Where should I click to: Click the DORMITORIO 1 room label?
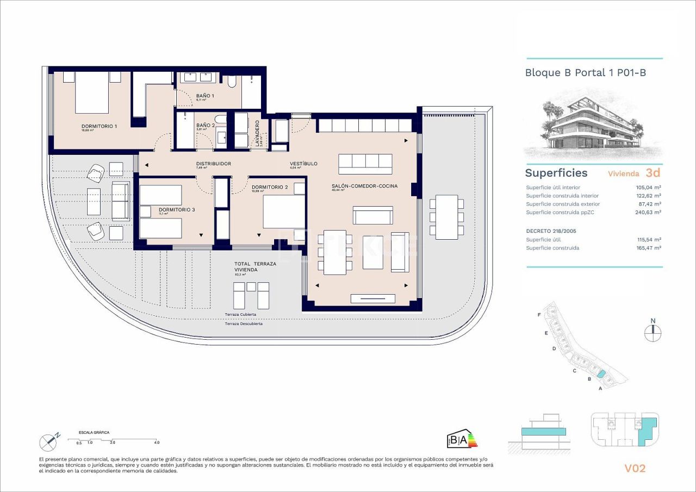(x=99, y=126)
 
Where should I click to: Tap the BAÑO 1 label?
(x=205, y=96)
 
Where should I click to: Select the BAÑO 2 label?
(x=205, y=125)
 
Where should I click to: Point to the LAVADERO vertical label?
(x=258, y=134)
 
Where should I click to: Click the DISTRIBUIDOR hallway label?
(x=214, y=164)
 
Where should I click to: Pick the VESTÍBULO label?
(x=303, y=164)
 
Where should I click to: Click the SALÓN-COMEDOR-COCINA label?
(x=364, y=186)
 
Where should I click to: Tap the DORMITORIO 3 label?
(x=177, y=210)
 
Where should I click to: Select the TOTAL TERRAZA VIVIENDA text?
(x=255, y=266)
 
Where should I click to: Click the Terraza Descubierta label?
(x=244, y=323)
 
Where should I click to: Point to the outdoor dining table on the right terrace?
(x=446, y=217)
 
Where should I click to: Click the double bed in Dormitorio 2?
(x=284, y=211)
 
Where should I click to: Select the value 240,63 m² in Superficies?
(x=649, y=213)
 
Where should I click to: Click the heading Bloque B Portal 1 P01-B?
(x=585, y=72)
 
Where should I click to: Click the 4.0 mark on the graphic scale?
(x=157, y=443)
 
